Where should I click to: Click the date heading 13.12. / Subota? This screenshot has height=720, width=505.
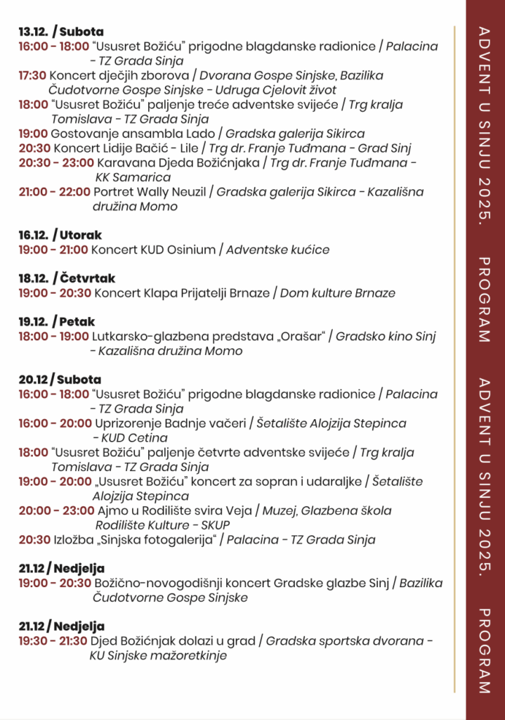click(61, 32)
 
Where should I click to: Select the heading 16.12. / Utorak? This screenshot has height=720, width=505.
click(60, 235)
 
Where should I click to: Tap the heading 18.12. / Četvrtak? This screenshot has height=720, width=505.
click(67, 278)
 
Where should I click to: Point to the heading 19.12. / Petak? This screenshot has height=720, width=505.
click(57, 322)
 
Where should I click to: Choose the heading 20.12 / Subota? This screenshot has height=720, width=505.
click(60, 380)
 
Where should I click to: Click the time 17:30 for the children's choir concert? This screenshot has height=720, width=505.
click(32, 76)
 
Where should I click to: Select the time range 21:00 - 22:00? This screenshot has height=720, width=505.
click(54, 192)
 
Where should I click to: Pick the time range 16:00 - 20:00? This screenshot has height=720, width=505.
click(55, 424)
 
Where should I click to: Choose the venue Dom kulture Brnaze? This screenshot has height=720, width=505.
click(338, 293)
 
